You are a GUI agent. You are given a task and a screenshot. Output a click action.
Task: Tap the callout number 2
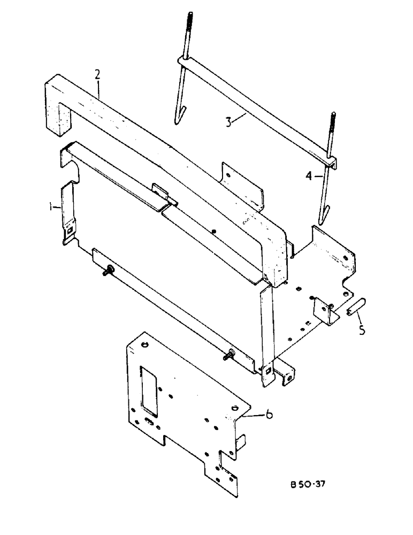point(97,74)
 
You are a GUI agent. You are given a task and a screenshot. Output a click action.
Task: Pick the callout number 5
point(362,330)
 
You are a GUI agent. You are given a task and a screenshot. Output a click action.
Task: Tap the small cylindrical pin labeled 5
point(355,309)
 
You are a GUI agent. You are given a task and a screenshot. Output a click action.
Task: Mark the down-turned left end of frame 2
point(58,118)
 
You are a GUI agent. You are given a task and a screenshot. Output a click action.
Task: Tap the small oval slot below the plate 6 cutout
point(151,423)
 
